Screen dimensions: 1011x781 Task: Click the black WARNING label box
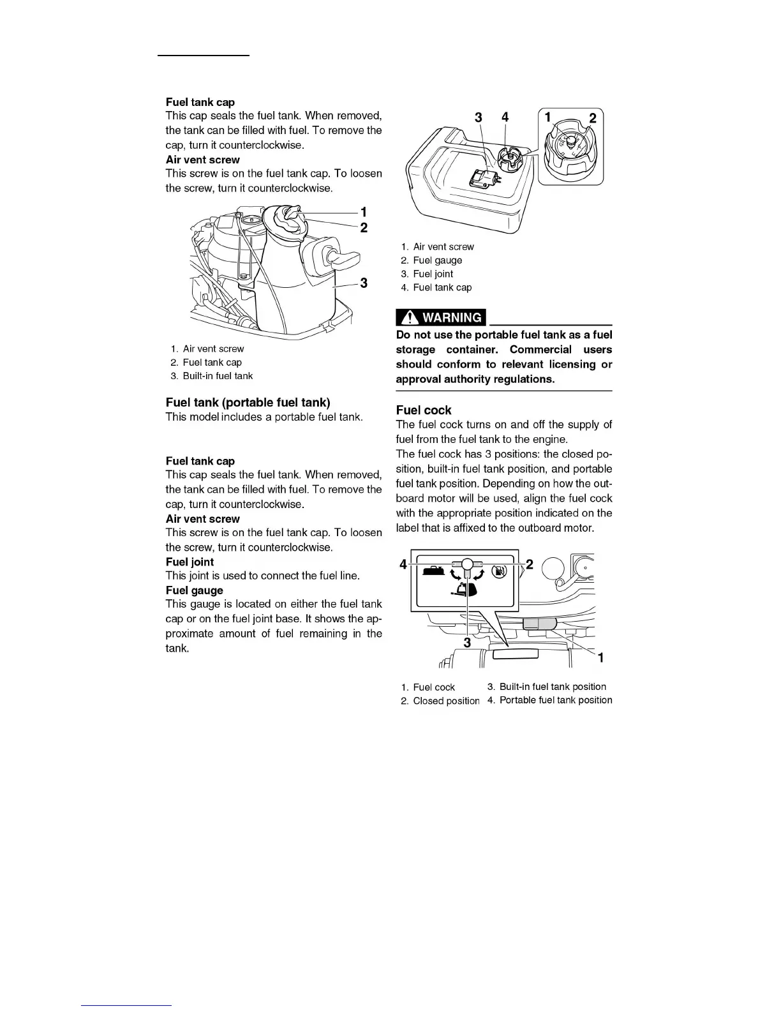pos(441,317)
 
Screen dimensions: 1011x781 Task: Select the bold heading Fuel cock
pos(423,410)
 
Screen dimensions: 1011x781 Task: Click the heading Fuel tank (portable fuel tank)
pos(248,402)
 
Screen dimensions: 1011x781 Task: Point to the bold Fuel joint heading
pos(190,562)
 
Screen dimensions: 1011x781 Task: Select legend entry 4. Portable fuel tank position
pos(549,700)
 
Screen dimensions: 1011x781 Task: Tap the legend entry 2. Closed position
pos(440,701)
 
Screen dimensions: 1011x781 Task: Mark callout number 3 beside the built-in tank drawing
pos(364,283)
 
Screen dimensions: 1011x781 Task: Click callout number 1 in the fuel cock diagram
pos(600,657)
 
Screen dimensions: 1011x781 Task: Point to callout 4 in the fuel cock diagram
pos(403,564)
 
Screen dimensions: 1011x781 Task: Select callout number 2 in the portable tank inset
pos(592,118)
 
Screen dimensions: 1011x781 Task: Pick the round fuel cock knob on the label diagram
pos(467,564)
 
